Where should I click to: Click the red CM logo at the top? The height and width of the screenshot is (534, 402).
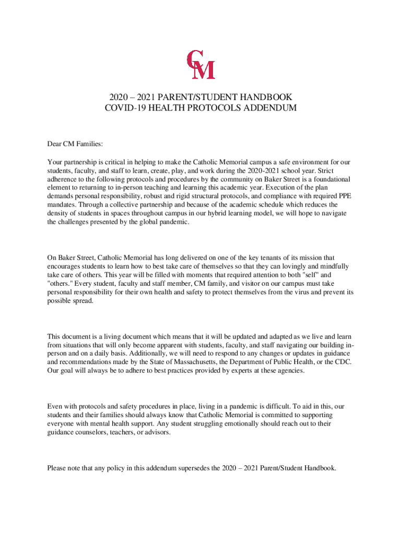(x=201, y=64)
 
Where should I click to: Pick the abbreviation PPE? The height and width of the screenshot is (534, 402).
(x=345, y=196)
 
